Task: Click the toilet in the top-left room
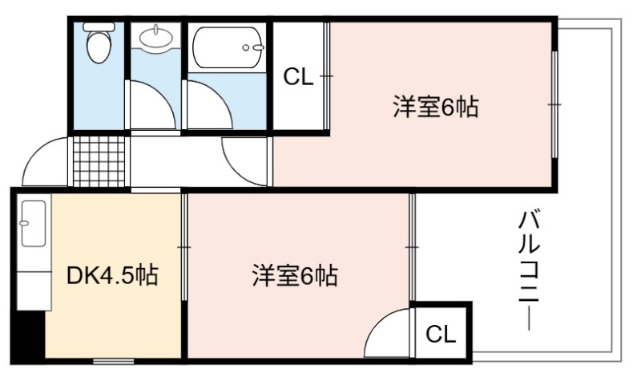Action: point(99,43)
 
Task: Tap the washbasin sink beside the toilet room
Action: point(155,38)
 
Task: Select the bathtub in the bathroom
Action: point(228,48)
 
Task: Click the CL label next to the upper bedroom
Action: point(298,76)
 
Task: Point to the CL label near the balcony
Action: point(440,334)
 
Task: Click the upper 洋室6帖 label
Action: point(436,107)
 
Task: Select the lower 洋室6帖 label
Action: point(295,275)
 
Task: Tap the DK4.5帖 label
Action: point(112,275)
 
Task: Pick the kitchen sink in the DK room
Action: point(34,223)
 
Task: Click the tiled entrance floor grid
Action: point(99,161)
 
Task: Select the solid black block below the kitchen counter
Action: point(28,335)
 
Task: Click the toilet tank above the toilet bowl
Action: point(99,26)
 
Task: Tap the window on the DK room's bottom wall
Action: point(114,361)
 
